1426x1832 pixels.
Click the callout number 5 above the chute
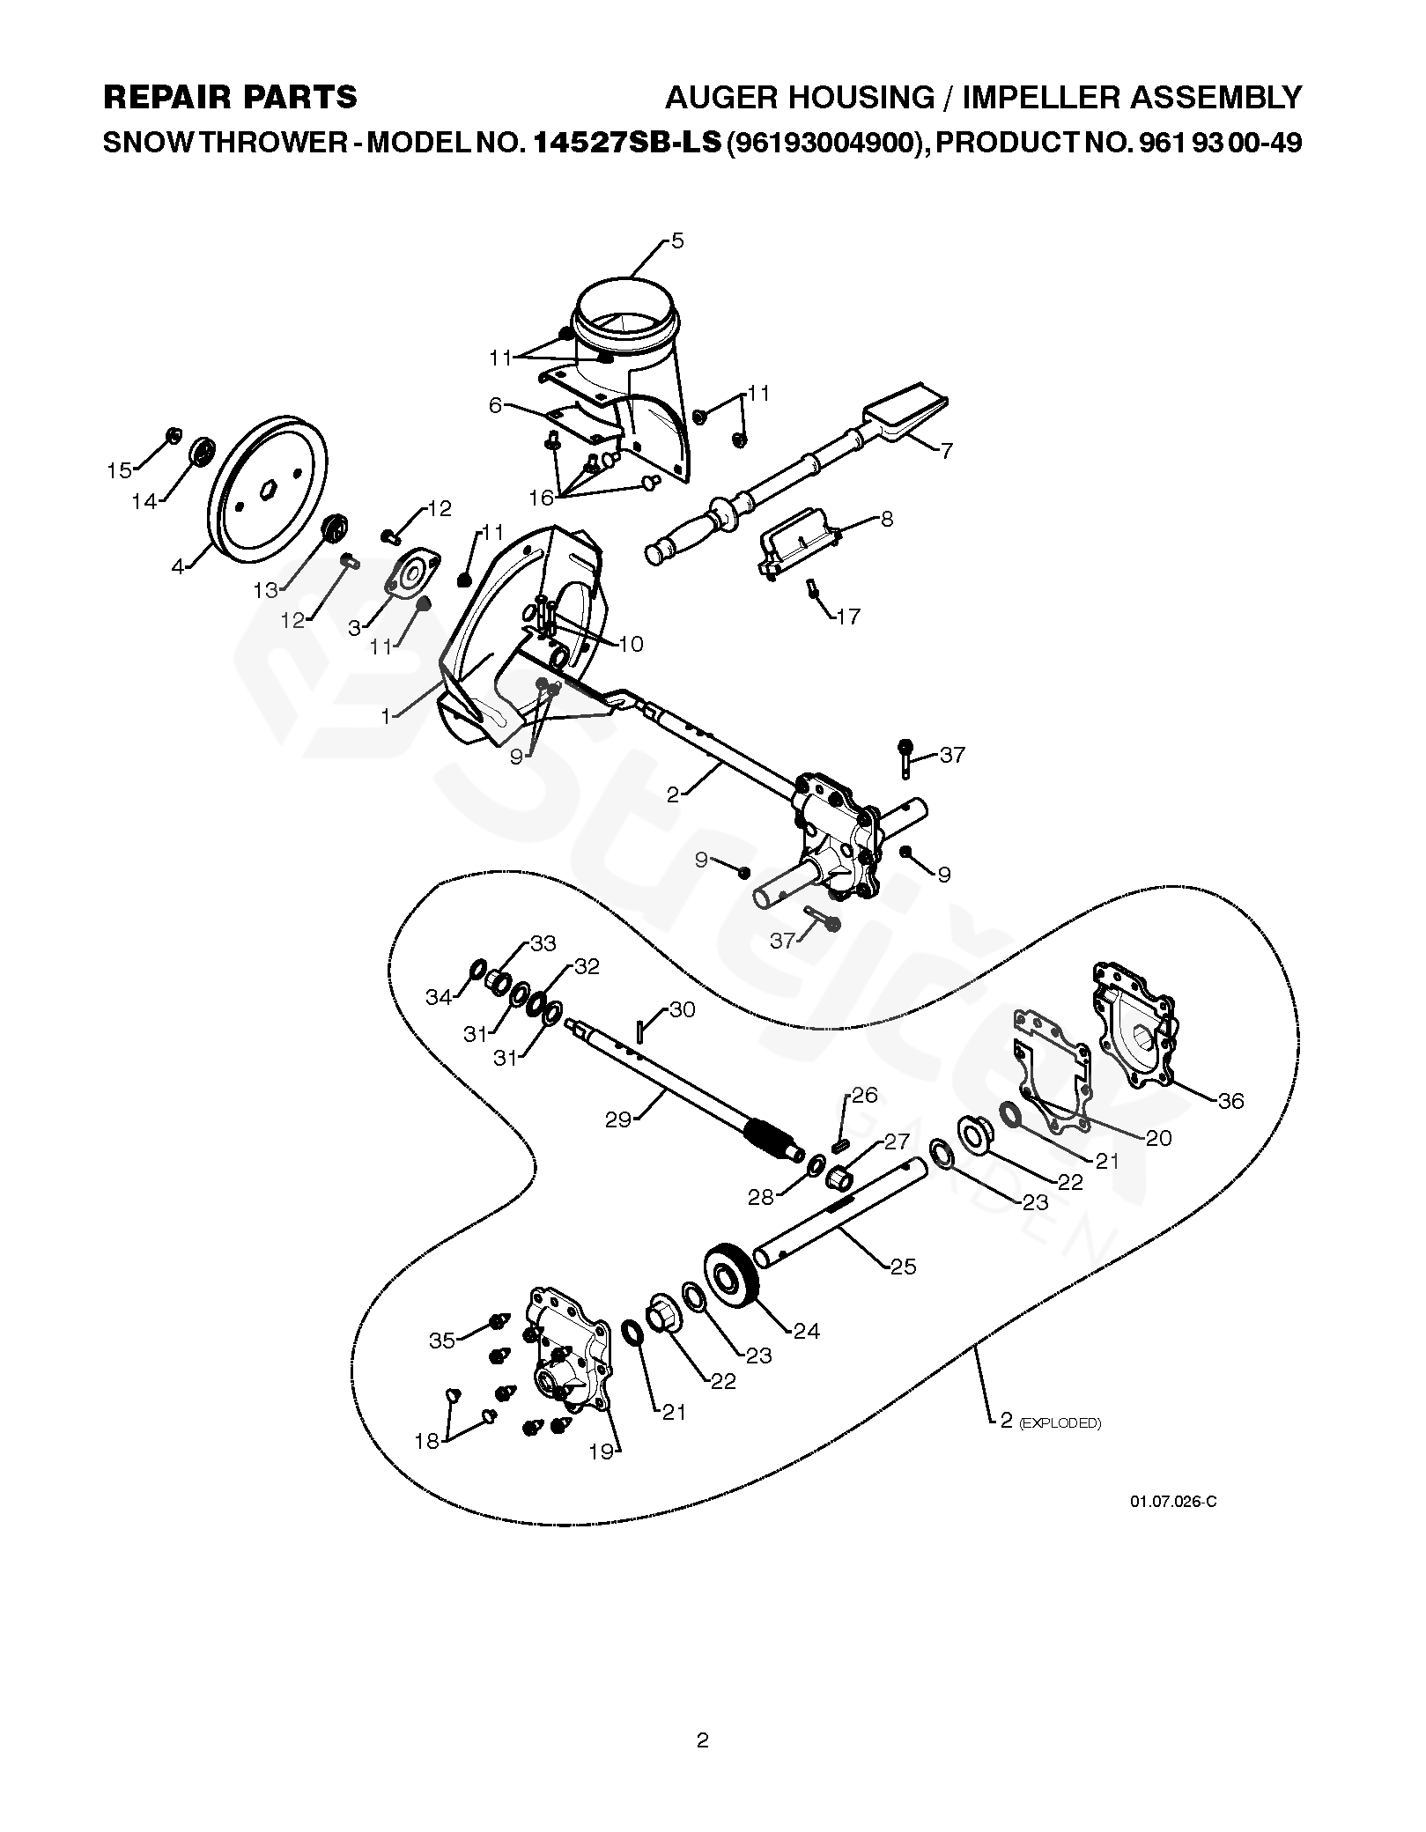click(676, 240)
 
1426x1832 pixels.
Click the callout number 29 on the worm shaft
click(619, 1121)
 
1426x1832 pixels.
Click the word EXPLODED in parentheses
click(1060, 1423)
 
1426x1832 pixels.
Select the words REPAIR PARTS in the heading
click(231, 97)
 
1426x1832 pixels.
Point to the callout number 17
click(847, 616)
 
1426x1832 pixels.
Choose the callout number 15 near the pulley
click(120, 471)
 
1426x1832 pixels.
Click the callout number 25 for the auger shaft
click(904, 1267)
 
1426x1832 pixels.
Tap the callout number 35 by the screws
click(442, 1340)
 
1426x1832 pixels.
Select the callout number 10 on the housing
click(631, 644)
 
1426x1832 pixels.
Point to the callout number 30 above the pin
click(682, 1009)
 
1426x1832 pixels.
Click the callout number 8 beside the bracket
click(886, 519)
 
